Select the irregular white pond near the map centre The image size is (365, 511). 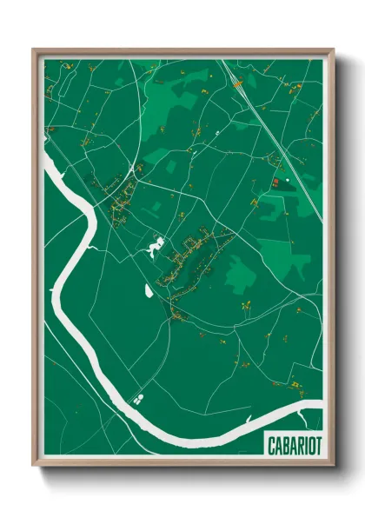156,249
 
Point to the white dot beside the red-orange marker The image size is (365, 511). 276,181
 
